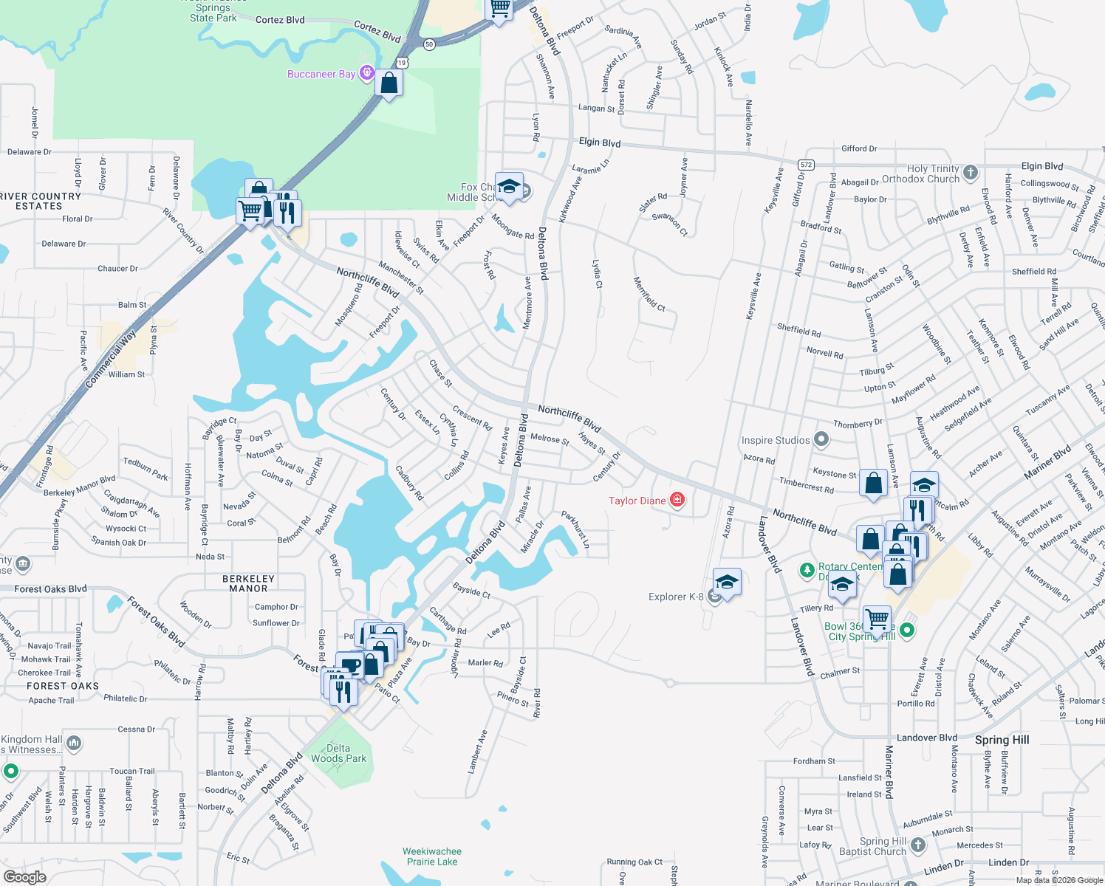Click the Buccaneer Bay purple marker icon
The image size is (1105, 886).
tap(366, 73)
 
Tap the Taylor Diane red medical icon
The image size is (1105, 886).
tap(677, 500)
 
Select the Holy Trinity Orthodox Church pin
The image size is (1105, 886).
tap(971, 173)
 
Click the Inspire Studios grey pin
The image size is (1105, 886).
tap(821, 440)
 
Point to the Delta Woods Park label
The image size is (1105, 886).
tap(338, 753)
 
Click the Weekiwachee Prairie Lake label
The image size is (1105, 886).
tap(432, 856)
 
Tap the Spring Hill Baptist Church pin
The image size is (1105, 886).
tap(917, 845)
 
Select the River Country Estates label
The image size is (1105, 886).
tap(40, 202)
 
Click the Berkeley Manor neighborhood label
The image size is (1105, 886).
tap(248, 583)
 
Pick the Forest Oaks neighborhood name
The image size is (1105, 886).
tap(63, 686)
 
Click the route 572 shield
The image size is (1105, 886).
tap(806, 164)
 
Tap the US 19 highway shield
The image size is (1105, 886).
tap(402, 63)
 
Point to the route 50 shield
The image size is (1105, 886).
tap(429, 44)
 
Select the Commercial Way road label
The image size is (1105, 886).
tap(111, 359)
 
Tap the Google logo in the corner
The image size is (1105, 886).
tap(24, 877)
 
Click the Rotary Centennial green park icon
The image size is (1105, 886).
tap(807, 571)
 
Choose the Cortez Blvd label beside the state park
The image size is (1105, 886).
tap(280, 20)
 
